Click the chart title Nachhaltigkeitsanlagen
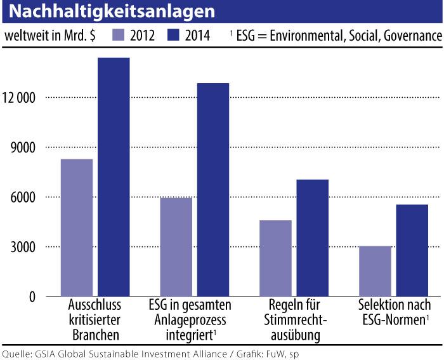click(x=108, y=11)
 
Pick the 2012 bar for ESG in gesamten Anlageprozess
click(x=176, y=247)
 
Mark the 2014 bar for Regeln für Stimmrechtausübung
click(x=312, y=237)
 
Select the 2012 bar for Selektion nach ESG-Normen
click(x=375, y=271)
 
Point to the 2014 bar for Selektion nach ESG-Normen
click(x=412, y=250)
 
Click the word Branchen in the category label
click(x=95, y=334)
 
